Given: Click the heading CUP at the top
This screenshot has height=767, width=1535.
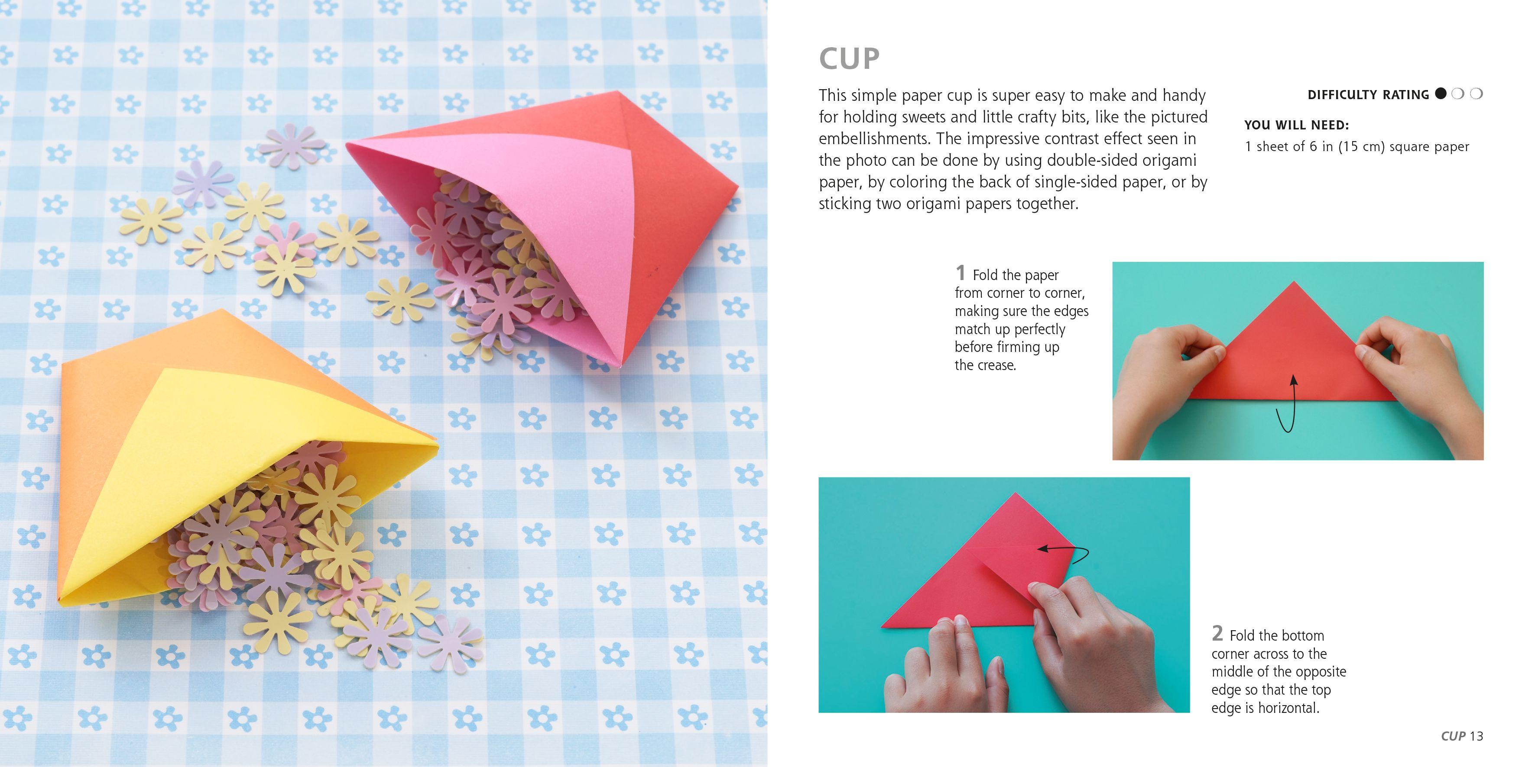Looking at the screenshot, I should (x=849, y=58).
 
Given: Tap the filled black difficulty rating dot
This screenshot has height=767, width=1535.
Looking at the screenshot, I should (x=1441, y=93).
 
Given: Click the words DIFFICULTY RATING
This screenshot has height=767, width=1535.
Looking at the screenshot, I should (x=1368, y=95).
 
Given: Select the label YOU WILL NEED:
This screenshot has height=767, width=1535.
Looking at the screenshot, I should (x=1297, y=125).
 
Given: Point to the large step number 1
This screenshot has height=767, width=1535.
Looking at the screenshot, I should (x=960, y=273).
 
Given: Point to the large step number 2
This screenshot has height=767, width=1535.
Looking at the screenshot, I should (x=1217, y=633).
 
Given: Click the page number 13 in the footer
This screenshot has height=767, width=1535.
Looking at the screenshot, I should (x=1476, y=736).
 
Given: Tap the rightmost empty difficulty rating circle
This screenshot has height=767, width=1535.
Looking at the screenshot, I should (x=1477, y=93).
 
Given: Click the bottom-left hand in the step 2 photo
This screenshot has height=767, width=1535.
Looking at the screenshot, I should (x=941, y=667).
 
